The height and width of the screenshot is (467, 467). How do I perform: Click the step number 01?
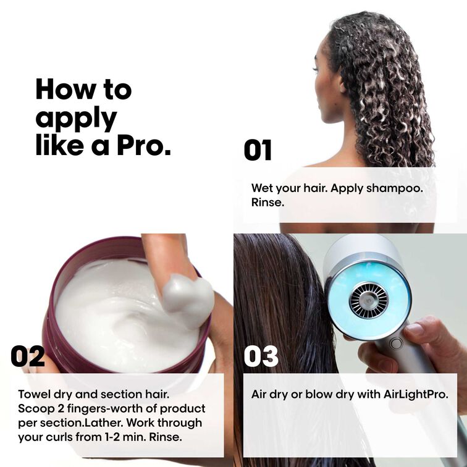tap(258, 151)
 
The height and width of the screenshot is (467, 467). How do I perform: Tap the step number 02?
tap(28, 356)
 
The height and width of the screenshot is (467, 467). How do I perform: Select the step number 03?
tap(261, 356)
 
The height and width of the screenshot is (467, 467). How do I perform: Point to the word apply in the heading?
tap(76, 119)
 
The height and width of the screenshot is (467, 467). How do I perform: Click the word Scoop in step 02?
tap(35, 409)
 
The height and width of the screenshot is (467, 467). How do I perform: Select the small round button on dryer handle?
tap(396, 343)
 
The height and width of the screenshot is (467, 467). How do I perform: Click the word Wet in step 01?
tap(262, 188)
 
